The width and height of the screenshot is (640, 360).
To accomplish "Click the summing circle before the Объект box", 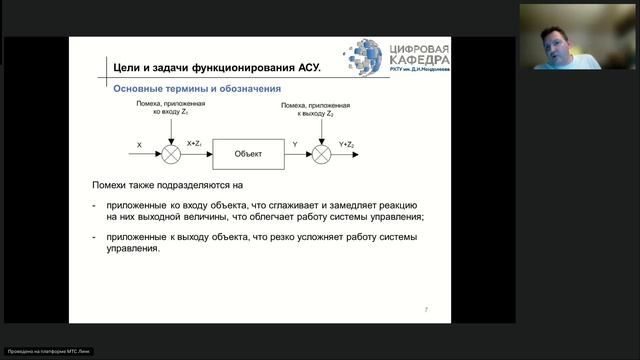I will coord(171,153).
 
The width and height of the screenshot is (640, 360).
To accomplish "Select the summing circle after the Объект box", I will coord(321,153).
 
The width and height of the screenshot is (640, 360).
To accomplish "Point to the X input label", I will coord(140,146).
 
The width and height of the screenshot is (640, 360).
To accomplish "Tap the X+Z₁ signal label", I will coord(195,145).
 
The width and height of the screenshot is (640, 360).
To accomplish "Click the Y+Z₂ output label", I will coord(347,145).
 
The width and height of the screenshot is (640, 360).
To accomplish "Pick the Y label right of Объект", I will coord(294,145).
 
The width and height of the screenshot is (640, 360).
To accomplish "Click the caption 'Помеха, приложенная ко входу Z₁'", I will coord(171,108).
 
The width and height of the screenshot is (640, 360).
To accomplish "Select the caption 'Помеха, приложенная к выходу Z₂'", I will coord(320,108).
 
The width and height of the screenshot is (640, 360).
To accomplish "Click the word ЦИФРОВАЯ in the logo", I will coord(418,49).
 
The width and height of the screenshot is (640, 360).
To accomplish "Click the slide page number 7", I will coord(426,310).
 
